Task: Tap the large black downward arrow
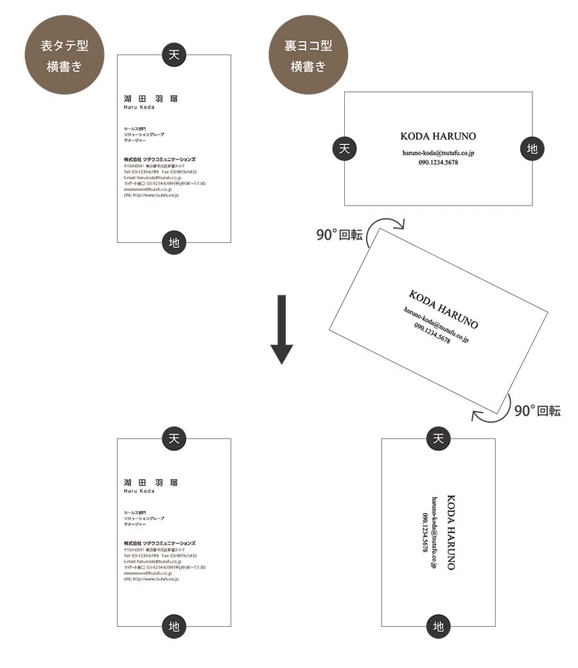(x=281, y=330)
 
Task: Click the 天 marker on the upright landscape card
(x=345, y=148)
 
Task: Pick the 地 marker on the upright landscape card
(x=532, y=148)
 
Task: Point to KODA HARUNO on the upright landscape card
(x=438, y=136)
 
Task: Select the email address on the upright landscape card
(x=438, y=153)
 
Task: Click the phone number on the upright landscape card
(x=438, y=163)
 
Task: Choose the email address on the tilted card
(x=436, y=324)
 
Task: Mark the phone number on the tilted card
(x=432, y=333)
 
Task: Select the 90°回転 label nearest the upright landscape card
(x=339, y=235)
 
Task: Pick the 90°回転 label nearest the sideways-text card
(x=537, y=411)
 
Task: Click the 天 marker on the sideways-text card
(x=439, y=439)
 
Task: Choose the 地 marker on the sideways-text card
(x=439, y=626)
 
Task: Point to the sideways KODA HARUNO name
(x=450, y=532)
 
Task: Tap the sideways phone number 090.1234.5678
(x=424, y=532)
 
